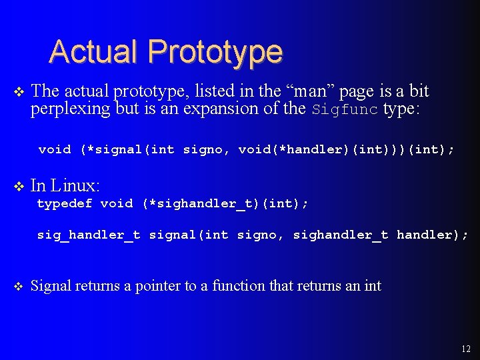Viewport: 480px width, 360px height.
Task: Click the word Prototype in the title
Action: (215, 51)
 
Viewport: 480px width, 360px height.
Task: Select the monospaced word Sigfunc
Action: (345, 109)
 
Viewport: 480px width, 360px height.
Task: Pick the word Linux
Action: (75, 185)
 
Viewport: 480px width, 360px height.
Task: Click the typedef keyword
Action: (65, 203)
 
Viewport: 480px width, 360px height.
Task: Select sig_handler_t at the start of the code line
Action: (89, 235)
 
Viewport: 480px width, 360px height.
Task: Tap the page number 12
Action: (465, 349)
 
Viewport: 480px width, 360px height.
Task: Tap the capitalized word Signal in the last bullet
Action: (51, 286)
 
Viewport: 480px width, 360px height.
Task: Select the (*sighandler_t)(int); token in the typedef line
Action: (225, 203)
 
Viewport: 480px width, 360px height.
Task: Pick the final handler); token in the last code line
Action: (432, 235)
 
